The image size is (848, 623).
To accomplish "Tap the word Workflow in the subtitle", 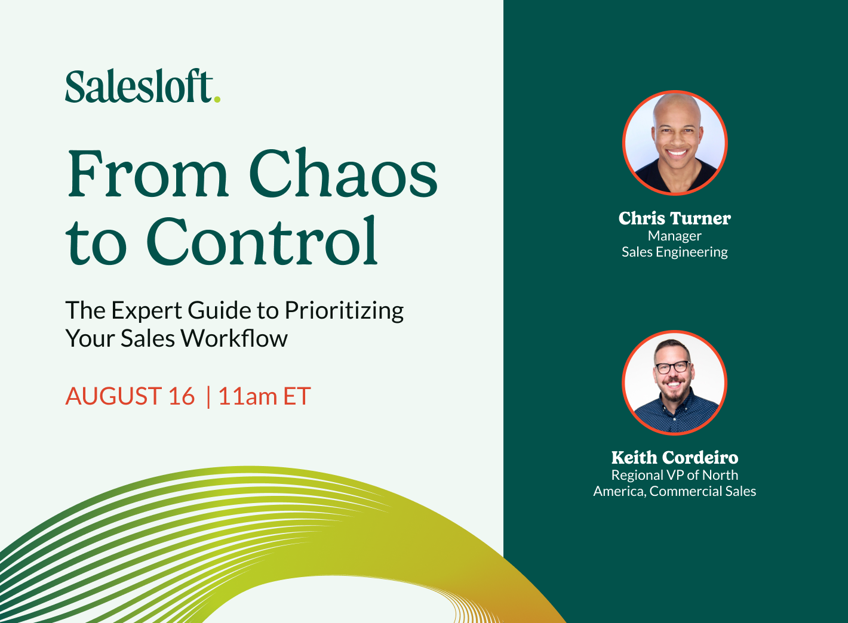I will pos(234,339).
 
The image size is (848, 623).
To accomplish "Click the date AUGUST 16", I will pos(130,397).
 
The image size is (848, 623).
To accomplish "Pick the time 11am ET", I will pos(264,397).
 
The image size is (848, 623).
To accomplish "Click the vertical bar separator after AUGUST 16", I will pos(208,397).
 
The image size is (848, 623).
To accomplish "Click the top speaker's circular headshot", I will pos(675,143).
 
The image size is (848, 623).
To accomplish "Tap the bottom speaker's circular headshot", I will pos(675,383).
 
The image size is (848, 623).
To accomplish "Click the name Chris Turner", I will pos(675,218).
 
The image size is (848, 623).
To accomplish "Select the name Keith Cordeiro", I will pos(675,458).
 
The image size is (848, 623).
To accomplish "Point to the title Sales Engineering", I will pos(675,252).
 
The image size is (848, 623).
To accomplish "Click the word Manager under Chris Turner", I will pos(675,236).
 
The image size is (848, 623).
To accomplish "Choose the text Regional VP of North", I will pos(675,475).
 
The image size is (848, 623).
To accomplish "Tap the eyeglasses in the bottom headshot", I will pos(673,368).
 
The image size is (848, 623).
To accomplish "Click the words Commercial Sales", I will pos(703,491).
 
